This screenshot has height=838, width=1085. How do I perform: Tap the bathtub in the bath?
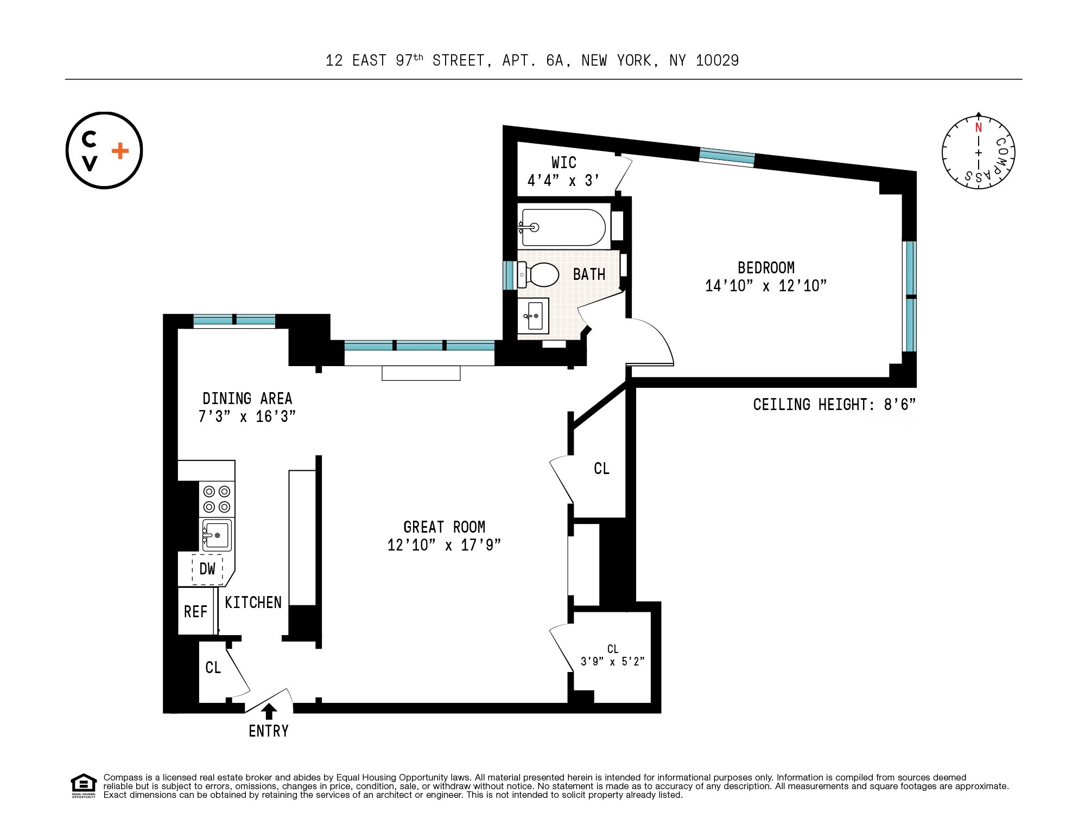(563, 228)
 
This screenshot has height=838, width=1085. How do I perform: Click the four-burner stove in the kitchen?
(217, 499)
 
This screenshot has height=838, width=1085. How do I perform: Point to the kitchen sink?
(217, 535)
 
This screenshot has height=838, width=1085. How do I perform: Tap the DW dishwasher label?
(207, 569)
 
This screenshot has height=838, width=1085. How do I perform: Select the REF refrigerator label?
(195, 612)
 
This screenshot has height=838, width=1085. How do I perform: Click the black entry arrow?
(269, 711)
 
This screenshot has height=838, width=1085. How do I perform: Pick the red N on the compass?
(978, 127)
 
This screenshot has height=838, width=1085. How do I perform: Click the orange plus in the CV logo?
(120, 151)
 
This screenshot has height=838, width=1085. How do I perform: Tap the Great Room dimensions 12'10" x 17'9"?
(444, 545)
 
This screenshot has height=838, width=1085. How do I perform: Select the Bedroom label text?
(766, 267)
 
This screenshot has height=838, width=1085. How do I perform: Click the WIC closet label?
(563, 163)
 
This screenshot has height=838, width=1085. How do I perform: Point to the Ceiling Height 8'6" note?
(834, 405)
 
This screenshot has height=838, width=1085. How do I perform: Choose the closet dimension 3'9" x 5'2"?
(613, 662)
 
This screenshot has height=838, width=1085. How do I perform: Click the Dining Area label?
(247, 399)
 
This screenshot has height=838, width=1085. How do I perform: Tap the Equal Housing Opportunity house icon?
(83, 784)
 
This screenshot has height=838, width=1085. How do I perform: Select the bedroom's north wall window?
(727, 157)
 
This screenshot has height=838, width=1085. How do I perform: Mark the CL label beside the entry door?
(213, 668)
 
